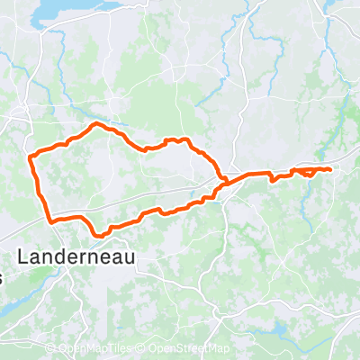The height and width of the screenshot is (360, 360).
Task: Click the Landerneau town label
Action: coord(86,256)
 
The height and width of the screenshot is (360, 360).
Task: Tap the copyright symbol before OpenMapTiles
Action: coord(50,349)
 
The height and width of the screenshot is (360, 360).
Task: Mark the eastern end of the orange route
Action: coord(331,169)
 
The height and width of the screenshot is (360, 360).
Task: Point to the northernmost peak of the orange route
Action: coord(97,124)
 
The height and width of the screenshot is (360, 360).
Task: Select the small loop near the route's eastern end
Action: coord(308,171)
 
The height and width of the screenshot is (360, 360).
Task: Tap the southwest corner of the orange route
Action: coord(50,219)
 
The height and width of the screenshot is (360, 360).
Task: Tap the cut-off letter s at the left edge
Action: coord(2,279)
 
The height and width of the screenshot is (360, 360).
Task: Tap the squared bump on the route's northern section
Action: coord(176,140)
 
